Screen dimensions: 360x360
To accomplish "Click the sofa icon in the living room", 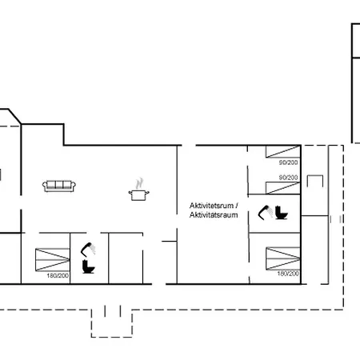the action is [59, 186].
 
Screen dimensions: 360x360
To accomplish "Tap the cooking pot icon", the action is [138, 195].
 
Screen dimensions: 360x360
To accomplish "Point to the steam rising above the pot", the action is [139, 183].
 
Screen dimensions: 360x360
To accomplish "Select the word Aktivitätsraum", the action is [214, 215].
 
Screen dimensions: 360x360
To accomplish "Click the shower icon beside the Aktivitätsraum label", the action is [266, 213].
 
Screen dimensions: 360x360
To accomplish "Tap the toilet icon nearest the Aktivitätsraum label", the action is [282, 213].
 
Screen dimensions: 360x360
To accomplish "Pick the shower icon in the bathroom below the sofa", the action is [88, 250].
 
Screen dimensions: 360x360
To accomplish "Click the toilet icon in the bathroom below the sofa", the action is [88, 266].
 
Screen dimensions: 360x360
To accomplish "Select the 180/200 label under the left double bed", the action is [58, 276].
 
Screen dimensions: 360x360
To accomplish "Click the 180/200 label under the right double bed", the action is [288, 274].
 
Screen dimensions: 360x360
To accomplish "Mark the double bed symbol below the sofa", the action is [53, 260].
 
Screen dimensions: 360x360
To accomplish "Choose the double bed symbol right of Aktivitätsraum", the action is [283, 258].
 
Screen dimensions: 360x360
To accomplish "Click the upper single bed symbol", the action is [283, 151].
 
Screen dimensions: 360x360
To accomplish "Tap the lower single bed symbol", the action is [283, 188].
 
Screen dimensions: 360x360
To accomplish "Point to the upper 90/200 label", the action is [288, 162].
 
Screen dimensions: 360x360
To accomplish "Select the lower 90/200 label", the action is [288, 178].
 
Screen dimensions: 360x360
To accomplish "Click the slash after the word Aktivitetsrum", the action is [237, 206].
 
